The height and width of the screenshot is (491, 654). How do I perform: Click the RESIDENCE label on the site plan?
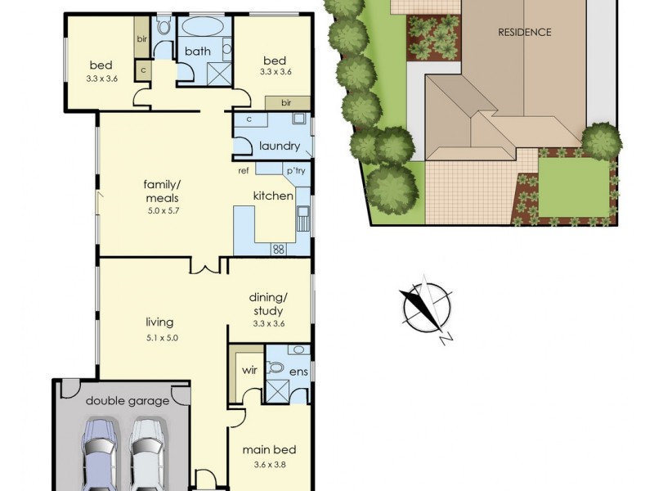[x=525, y=33]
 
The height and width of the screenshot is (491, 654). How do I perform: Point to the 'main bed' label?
[x=269, y=449]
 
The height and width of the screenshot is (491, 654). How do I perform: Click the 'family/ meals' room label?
[x=161, y=191]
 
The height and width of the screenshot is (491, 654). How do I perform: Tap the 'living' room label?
[x=160, y=322]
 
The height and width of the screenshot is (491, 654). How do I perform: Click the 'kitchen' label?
[x=273, y=196]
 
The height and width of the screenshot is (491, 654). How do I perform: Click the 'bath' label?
[x=198, y=52]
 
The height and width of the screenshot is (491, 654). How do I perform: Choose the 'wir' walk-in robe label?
[x=250, y=370]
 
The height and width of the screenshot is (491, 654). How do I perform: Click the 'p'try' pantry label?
[x=294, y=171]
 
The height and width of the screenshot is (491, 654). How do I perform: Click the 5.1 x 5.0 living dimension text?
[x=160, y=337]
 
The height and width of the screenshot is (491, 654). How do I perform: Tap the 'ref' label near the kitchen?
[x=244, y=171]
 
